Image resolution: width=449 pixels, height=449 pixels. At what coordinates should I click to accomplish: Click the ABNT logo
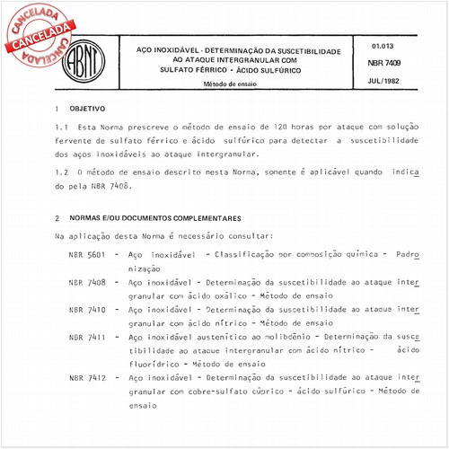tap(82, 57)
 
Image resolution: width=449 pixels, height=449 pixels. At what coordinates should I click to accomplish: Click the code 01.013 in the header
tap(383, 44)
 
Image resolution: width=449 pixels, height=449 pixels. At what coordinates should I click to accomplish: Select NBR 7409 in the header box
tap(383, 63)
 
